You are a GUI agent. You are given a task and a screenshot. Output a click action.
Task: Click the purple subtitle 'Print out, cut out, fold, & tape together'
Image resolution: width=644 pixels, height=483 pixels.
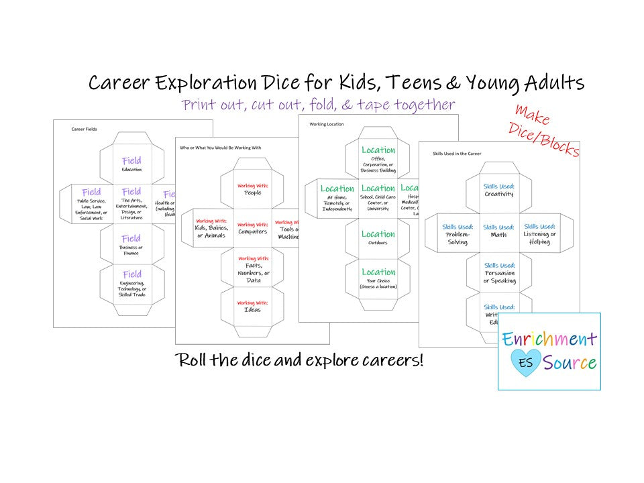(319, 105)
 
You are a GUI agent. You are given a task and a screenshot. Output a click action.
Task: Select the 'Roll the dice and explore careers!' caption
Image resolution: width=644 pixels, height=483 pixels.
(299, 360)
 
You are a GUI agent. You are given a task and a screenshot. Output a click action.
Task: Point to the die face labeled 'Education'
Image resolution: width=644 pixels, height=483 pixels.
(131, 164)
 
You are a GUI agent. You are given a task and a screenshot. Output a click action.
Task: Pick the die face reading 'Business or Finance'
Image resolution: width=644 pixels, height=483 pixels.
(131, 245)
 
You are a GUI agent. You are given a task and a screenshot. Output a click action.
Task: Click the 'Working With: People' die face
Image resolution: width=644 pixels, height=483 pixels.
(252, 189)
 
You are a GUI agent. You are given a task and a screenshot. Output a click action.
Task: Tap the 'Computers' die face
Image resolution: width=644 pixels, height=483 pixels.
(252, 229)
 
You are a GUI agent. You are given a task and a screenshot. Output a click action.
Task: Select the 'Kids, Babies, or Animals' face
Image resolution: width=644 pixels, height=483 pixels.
(211, 228)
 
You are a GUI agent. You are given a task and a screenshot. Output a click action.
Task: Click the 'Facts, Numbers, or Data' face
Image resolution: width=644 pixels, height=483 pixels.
(252, 268)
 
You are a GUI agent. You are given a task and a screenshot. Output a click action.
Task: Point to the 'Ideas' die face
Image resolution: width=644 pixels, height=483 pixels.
(252, 307)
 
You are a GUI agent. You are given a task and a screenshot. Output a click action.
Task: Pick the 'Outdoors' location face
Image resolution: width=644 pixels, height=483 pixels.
(378, 237)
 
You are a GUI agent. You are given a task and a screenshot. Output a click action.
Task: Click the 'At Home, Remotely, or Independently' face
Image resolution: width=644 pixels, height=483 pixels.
(337, 198)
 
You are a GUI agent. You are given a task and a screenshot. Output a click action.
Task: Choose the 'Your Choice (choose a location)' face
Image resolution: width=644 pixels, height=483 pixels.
(378, 278)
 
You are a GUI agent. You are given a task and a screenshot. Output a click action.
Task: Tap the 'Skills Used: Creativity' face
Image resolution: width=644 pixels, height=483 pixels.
(499, 191)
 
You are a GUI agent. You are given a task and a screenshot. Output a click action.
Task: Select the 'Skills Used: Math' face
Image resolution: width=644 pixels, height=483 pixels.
(499, 231)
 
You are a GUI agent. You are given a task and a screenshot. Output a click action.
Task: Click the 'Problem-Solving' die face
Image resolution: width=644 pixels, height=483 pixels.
(458, 233)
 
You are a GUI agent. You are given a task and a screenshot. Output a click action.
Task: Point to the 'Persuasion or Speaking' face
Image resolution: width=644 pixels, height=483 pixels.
(499, 273)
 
